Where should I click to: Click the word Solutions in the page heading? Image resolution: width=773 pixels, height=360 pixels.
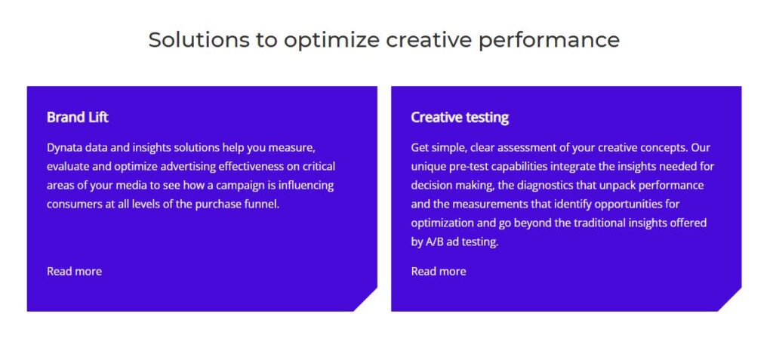[199, 39]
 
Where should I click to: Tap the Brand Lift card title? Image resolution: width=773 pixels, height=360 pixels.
[78, 118]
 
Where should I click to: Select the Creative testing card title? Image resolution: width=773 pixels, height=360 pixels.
[460, 118]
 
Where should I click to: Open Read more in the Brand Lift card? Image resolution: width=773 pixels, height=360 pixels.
[75, 271]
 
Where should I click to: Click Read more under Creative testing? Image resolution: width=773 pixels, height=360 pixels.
[439, 271]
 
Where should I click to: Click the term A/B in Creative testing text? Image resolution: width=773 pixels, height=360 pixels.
[433, 242]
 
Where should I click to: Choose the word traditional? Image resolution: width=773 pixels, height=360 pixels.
[598, 223]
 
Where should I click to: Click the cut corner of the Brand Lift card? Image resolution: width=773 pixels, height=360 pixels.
[365, 300]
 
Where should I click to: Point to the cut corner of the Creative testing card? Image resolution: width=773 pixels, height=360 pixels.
[730, 300]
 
